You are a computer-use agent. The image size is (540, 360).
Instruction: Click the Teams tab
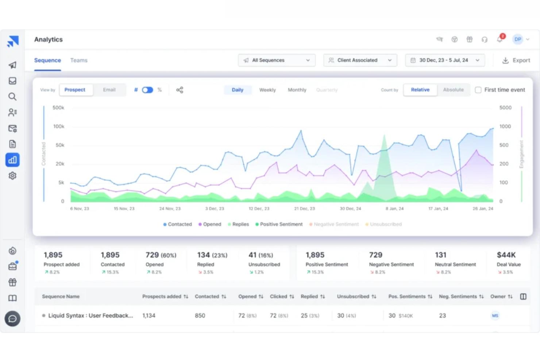[x=79, y=60]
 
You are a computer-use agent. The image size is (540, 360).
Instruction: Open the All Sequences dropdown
[x=277, y=60]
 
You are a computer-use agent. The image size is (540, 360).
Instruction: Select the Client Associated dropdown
[x=360, y=60]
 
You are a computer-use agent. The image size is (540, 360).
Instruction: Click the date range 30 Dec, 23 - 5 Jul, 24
[x=445, y=60]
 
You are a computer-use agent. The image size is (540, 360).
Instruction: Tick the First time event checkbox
[x=478, y=90]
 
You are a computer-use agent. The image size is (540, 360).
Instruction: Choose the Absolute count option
[x=453, y=90]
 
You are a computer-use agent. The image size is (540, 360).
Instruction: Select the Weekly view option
[x=267, y=90]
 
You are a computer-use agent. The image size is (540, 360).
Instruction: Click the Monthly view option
[x=297, y=90]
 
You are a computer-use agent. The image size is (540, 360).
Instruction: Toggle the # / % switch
[x=147, y=90]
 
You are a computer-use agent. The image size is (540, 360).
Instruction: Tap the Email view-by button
[x=109, y=90]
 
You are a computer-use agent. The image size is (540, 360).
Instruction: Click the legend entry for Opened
[x=210, y=224]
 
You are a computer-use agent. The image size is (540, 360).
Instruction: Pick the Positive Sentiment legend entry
[x=279, y=224]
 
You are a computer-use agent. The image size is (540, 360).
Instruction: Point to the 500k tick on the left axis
[x=58, y=108]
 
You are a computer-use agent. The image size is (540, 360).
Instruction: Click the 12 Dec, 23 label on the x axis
[x=259, y=209]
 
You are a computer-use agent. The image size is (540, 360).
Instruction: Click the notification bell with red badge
[x=499, y=39]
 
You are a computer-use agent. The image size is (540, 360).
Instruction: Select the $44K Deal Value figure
[x=506, y=255]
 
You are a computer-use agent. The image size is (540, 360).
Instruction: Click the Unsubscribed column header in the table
[x=353, y=297]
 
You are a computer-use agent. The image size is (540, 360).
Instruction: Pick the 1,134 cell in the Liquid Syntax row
[x=149, y=316]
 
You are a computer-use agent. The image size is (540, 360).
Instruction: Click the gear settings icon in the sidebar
[x=12, y=175]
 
